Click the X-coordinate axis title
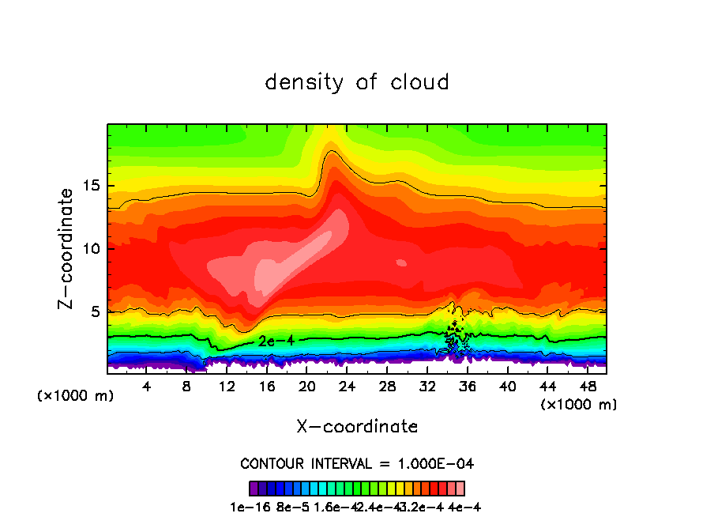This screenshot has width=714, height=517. [357, 427]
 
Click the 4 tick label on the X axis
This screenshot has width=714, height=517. [147, 387]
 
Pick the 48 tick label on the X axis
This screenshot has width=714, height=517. [587, 387]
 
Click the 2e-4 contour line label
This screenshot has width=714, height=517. [276, 341]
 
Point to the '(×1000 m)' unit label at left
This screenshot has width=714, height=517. [76, 396]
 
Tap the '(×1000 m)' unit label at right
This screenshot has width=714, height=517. [579, 405]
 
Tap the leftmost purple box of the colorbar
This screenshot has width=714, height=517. [254, 488]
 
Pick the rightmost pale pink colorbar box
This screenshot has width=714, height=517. [460, 488]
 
